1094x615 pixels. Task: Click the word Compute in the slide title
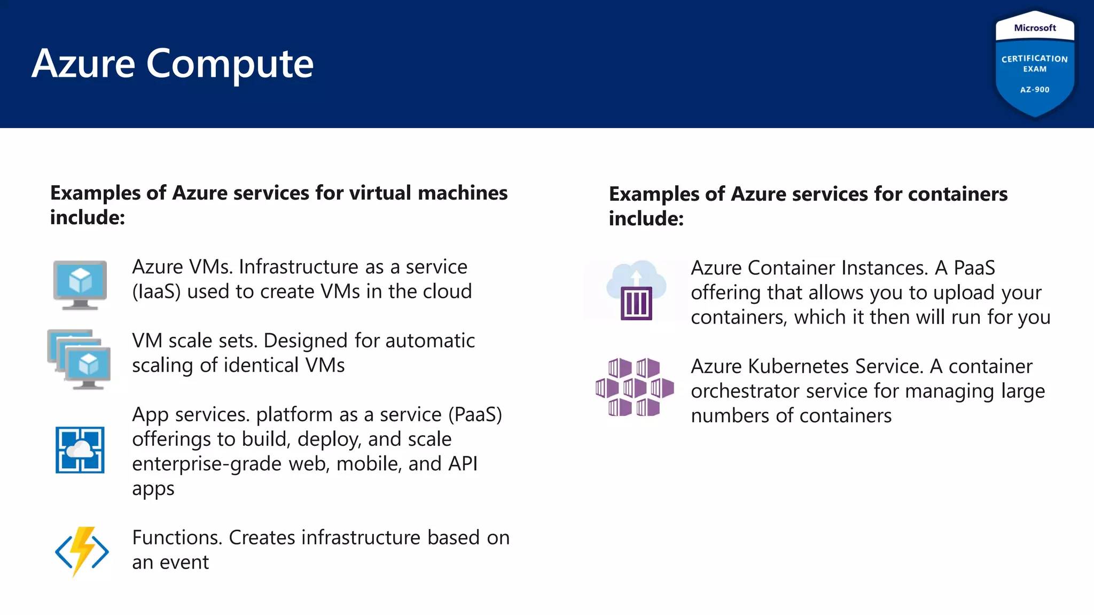[230, 65]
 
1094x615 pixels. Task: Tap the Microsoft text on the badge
[1035, 28]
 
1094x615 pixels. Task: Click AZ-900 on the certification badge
[1035, 90]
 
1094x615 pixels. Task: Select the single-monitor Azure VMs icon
[80, 284]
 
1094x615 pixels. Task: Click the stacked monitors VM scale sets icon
[80, 359]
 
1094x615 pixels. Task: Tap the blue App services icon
[80, 450]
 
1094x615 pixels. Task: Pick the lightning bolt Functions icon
[82, 551]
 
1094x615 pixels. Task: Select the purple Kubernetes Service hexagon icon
[635, 387]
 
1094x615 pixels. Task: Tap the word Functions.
[177, 538]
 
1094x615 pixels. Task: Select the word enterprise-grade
[207, 464]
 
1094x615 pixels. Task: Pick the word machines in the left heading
[462, 193]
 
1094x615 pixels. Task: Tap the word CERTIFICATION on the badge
[1034, 59]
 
